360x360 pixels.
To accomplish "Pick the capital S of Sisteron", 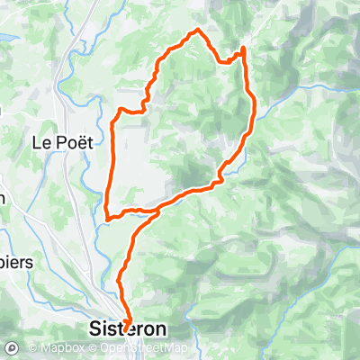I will (96, 329).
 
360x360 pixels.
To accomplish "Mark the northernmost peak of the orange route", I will (199, 31).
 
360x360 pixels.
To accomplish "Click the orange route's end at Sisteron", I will (125, 325).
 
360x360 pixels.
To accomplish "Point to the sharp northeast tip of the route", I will (244, 48).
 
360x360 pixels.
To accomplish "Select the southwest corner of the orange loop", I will (107, 216).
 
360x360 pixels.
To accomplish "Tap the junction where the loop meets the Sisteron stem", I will (158, 212).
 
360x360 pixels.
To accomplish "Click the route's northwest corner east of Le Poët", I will (119, 111).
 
